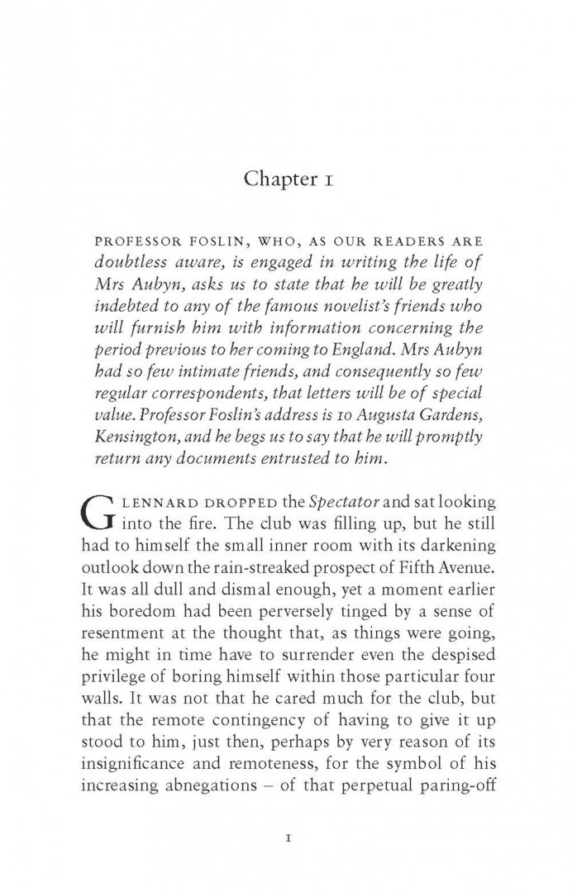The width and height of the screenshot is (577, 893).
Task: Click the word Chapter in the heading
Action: click(274, 180)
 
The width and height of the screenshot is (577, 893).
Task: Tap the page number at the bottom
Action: click(288, 838)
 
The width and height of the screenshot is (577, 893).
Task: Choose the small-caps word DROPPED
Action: click(206, 502)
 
